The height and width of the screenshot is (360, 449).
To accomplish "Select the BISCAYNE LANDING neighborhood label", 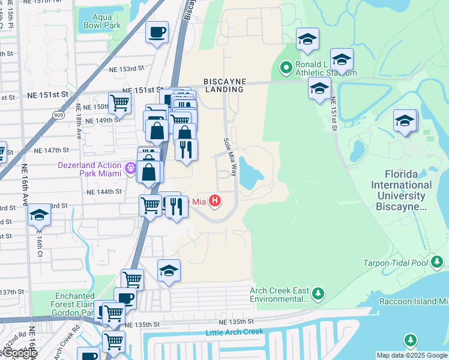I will tap(223, 85).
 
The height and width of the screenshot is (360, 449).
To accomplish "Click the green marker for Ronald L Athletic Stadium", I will tap(286, 67).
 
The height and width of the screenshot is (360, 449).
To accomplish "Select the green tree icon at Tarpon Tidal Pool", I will tap(439, 262).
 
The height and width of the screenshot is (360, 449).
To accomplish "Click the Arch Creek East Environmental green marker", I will tap(318, 293).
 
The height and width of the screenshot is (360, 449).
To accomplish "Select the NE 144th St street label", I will tap(104, 192).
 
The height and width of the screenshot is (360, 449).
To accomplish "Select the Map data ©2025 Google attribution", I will tap(412, 355).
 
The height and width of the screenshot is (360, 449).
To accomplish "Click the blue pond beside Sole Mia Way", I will tap(251, 173).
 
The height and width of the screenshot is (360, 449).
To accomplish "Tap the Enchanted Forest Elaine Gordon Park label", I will tap(75, 304).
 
